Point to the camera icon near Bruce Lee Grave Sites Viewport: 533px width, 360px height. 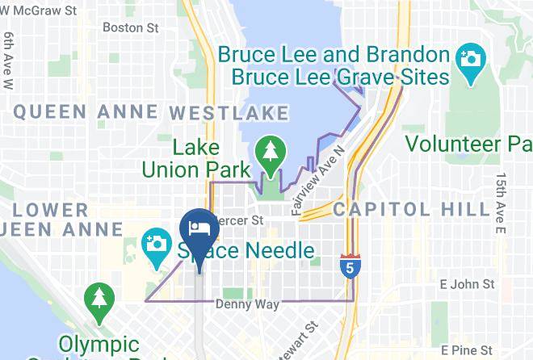[468, 59]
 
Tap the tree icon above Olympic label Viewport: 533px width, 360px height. [98, 297]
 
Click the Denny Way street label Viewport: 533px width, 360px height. [247, 305]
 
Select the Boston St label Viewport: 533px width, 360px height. [130, 27]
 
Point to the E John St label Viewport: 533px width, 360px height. [467, 284]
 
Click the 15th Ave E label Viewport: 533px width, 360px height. [501, 203]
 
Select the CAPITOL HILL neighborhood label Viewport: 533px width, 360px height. [411, 209]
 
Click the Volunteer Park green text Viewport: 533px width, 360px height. [468, 144]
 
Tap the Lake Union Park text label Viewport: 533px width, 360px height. [188, 159]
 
